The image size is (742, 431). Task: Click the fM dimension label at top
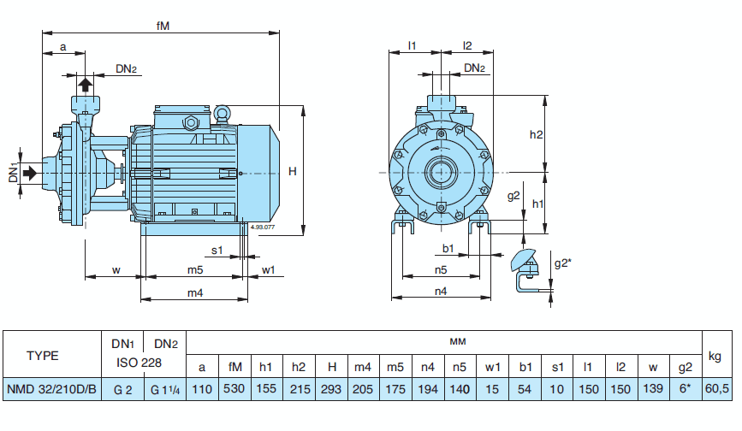click(x=163, y=26)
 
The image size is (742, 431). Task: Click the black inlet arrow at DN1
click(x=31, y=173)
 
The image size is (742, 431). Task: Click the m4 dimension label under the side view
click(x=195, y=293)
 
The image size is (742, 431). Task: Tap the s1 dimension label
click(x=217, y=251)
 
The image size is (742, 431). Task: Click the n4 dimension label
click(x=440, y=292)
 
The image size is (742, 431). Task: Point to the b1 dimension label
click(x=448, y=249)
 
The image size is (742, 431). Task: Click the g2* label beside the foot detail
click(x=562, y=263)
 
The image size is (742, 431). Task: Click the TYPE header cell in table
click(x=54, y=355)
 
